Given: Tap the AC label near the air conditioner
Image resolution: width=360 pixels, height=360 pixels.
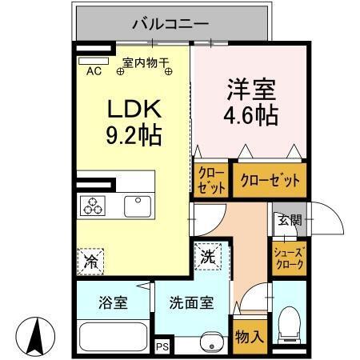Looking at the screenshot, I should pos(94,70).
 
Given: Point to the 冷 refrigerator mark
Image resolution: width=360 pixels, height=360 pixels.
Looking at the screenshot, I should pos(90,260).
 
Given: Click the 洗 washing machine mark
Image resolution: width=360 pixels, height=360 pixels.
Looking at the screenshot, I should pos(206,258).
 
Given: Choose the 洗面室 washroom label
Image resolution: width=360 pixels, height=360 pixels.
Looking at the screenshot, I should pos(190,303).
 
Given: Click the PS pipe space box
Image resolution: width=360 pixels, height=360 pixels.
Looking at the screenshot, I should pos(162,346).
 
